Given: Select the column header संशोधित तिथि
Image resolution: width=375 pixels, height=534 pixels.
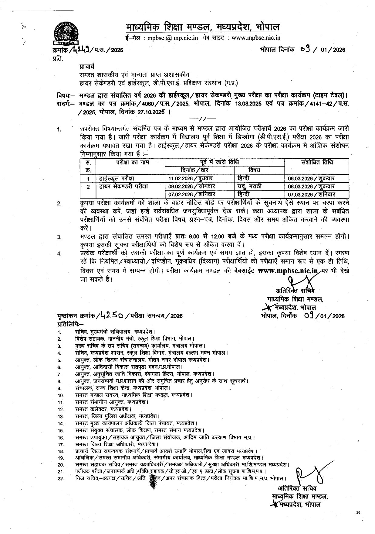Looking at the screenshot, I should (x=317, y=162).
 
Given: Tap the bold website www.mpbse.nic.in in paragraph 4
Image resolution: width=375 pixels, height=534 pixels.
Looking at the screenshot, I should (x=285, y=271).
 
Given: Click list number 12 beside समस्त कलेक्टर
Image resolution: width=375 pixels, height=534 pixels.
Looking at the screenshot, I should (x=60, y=409).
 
